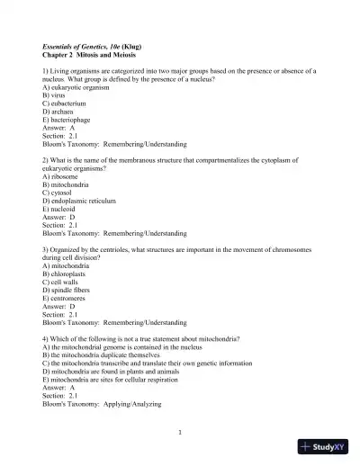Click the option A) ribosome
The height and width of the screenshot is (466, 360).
pos(61,176)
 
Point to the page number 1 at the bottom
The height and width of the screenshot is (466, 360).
pos(180,433)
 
